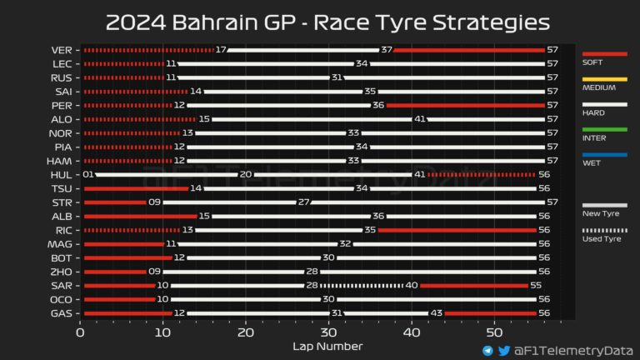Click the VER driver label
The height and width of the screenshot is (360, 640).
(x=62, y=50)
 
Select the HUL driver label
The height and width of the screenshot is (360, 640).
(x=62, y=175)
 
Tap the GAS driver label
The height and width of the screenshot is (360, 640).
(x=62, y=314)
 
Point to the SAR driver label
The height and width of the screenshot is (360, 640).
(x=62, y=286)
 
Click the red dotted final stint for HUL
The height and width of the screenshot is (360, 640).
(x=481, y=175)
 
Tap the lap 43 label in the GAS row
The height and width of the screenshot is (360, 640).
(x=435, y=314)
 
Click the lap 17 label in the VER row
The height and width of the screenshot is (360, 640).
(x=221, y=50)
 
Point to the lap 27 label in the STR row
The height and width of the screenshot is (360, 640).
(x=304, y=202)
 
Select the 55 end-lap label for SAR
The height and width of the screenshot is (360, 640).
(x=544, y=286)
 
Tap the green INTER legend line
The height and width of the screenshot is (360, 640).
(x=604, y=129)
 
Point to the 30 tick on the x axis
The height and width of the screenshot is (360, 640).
(x=327, y=332)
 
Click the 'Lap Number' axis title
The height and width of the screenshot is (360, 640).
(x=327, y=346)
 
